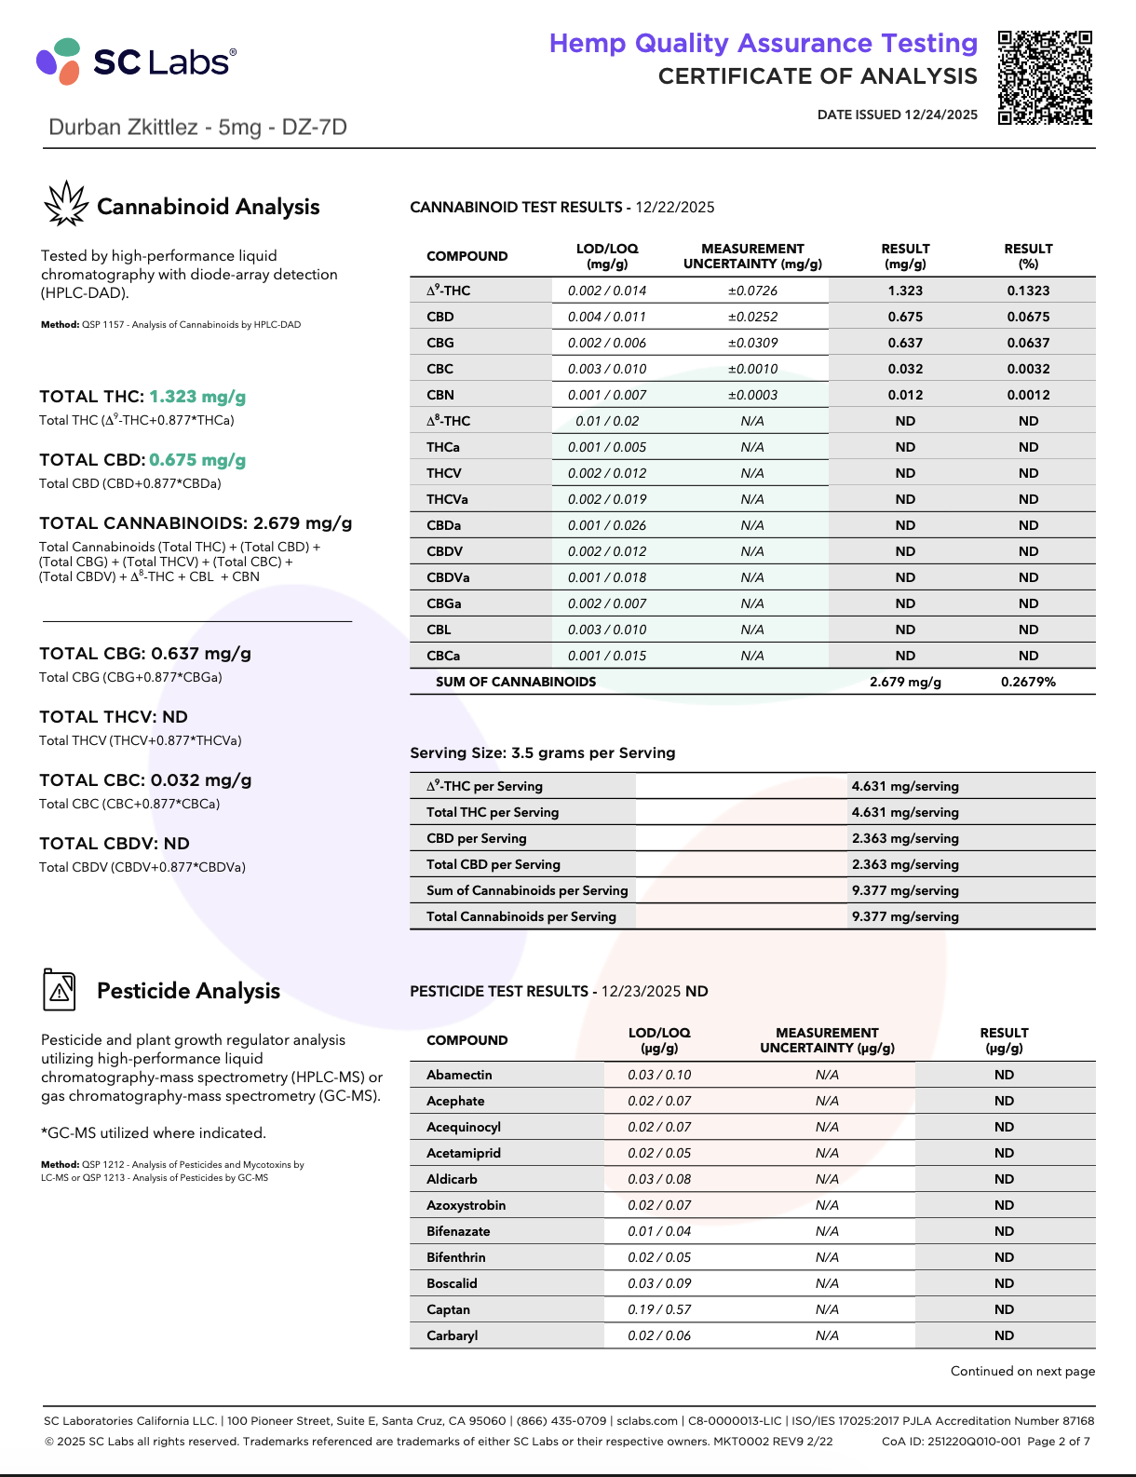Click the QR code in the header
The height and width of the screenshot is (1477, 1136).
coord(1045,77)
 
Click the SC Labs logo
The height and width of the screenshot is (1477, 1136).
coord(136,61)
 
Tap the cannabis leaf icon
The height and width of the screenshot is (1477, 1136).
coord(66,204)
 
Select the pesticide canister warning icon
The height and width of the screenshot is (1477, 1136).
coord(60,989)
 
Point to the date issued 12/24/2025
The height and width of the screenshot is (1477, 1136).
coord(898,115)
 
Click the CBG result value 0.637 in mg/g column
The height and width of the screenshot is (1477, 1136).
coord(905,343)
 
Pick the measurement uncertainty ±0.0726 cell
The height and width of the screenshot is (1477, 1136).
coord(752,291)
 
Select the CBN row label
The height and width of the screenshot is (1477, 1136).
coord(440,395)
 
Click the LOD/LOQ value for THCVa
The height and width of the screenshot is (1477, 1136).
coord(607,499)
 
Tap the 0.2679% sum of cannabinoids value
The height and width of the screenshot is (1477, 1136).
coord(1028,682)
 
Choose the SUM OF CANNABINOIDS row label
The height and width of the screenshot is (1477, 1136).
coord(516,682)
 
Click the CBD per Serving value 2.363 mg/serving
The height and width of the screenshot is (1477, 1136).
coord(905,838)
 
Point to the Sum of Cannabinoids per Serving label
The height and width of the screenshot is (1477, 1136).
coord(527,890)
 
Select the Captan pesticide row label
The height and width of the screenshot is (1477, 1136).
coord(449,1309)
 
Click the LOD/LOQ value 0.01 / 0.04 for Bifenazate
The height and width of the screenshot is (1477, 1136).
coord(659,1231)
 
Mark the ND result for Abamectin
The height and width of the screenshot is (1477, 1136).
coord(1004,1075)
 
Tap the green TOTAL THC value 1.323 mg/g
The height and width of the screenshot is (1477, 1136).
coord(197,397)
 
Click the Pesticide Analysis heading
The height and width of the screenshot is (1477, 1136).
coord(188,991)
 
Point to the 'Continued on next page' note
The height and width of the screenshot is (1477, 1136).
coord(1022,1371)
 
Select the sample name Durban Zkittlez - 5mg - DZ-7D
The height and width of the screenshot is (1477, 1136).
coord(197,128)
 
